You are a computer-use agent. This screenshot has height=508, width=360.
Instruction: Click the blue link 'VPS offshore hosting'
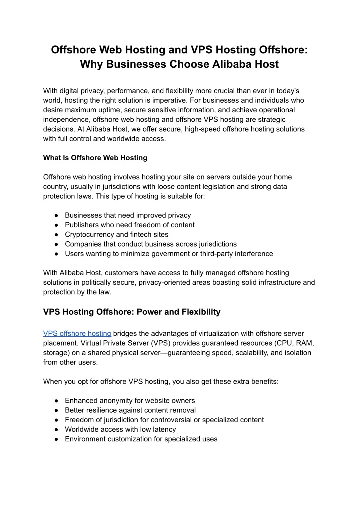tap(77, 333)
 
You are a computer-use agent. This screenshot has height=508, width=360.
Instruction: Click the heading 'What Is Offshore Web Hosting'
tap(95, 158)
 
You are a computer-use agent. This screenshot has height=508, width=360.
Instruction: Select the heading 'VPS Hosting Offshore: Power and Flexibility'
tap(132, 312)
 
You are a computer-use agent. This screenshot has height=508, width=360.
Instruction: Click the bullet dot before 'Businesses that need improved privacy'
tap(56, 215)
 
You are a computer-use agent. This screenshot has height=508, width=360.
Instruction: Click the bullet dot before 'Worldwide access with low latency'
tap(56, 429)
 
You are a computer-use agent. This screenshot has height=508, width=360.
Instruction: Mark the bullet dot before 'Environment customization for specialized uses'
tap(56, 439)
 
